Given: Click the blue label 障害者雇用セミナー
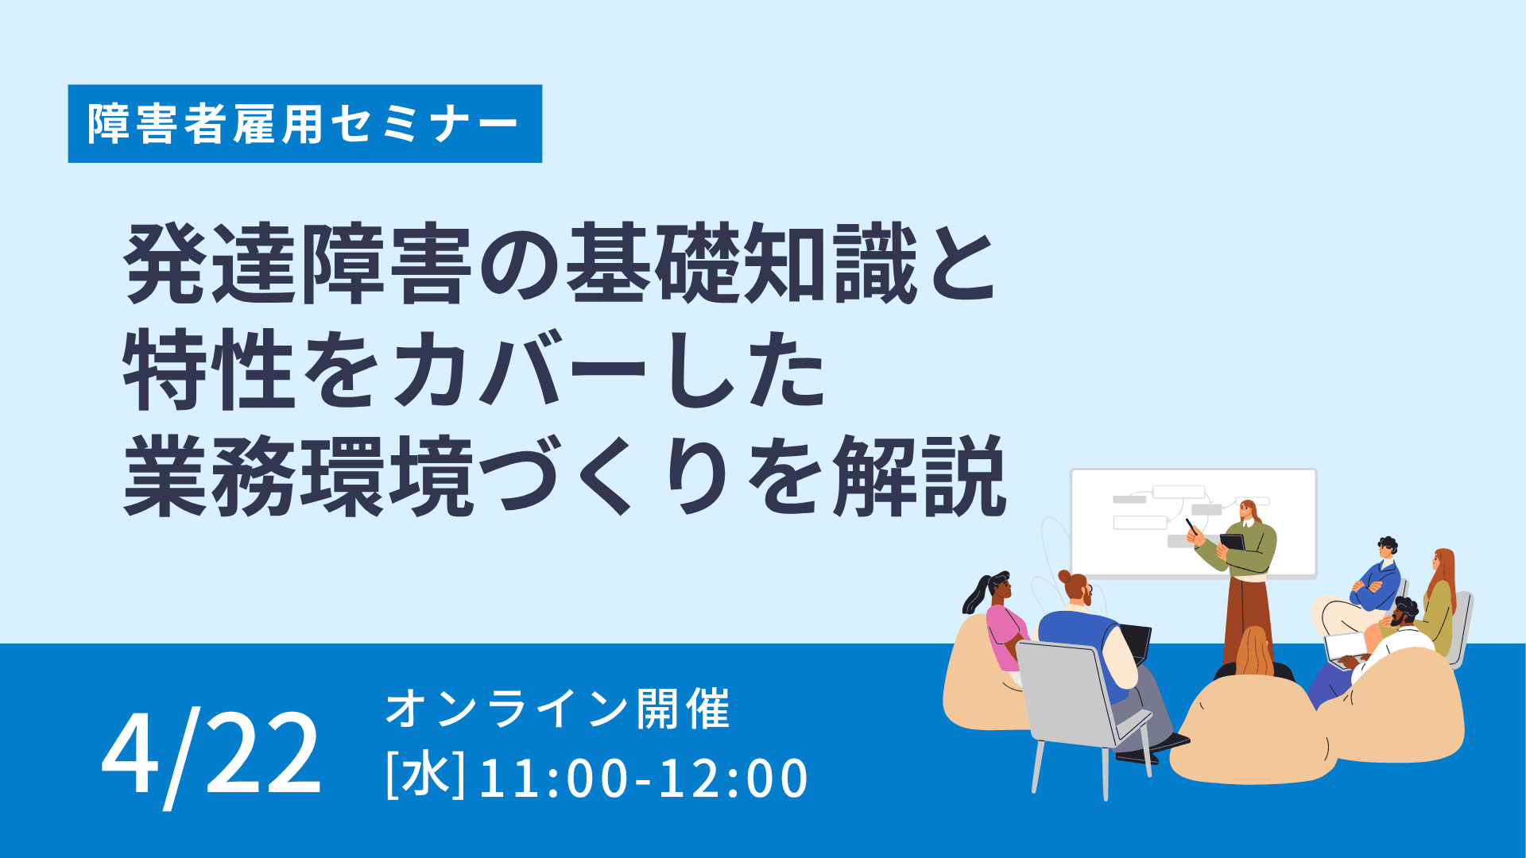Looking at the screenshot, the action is click(304, 124).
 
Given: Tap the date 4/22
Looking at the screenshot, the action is click(211, 756).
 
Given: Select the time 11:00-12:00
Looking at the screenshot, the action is click(644, 779).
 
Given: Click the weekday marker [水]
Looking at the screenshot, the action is click(425, 776).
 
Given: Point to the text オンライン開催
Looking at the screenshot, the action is click(557, 709).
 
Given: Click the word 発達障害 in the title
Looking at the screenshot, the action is click(299, 264).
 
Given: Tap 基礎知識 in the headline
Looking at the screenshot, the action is click(742, 264).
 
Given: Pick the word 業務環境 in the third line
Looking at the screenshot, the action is click(299, 476).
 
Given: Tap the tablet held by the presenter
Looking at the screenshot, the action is click(1233, 543).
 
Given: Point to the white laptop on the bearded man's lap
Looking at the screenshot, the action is click(1346, 648).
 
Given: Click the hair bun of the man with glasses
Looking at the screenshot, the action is click(1065, 576).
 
